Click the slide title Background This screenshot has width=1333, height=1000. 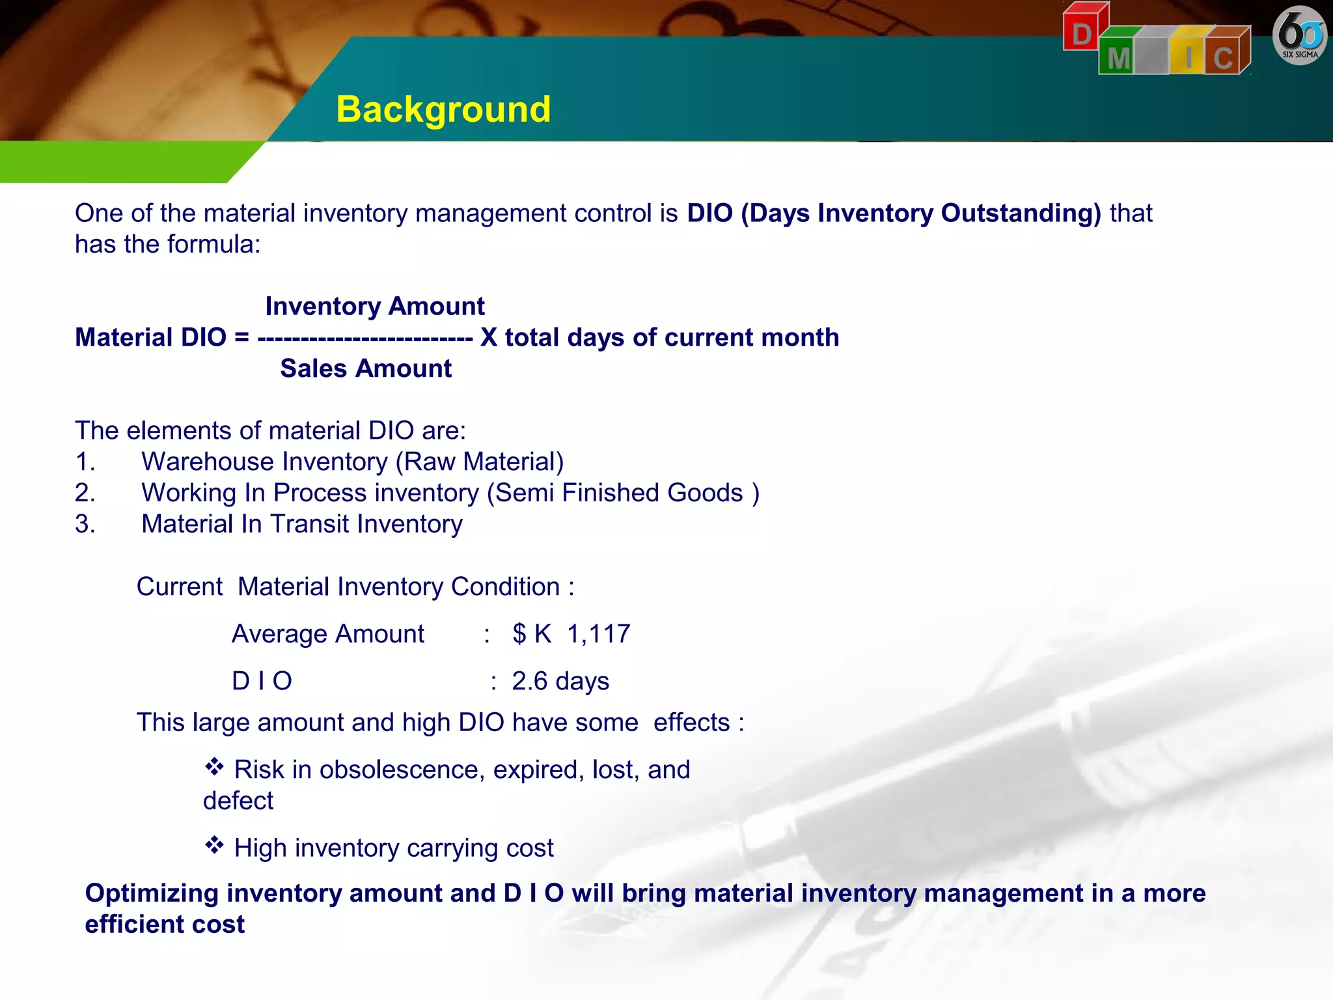pos(443,109)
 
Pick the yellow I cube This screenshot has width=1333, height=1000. pos(1189,56)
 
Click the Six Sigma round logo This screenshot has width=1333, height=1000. pos(1299,36)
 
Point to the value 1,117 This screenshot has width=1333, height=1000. pos(599,633)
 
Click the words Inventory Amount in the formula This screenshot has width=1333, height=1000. pos(375,306)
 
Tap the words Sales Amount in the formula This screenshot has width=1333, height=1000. pos(366,368)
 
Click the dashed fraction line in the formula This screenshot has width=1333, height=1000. pos(365,338)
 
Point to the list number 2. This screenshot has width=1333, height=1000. pos(85,493)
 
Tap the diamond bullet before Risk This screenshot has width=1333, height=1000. pos(214,767)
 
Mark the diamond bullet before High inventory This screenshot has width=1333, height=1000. pos(214,845)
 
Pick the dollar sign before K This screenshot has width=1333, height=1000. pos(519,633)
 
